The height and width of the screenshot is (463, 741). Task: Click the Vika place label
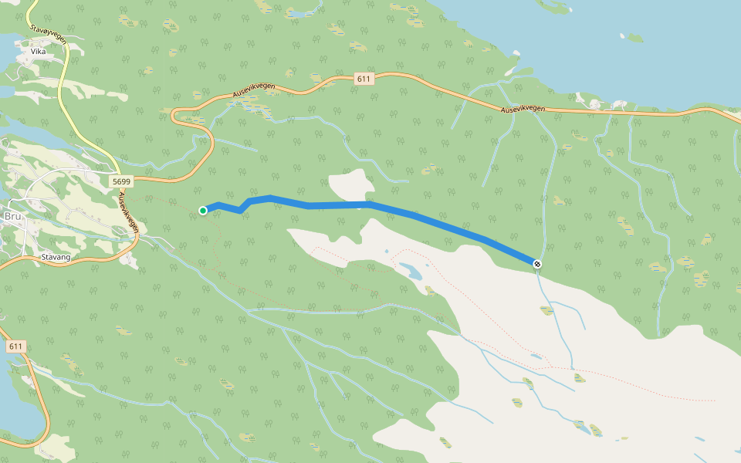click(38, 51)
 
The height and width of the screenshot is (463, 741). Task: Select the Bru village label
click(13, 217)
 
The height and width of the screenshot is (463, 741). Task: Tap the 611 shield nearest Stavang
click(15, 346)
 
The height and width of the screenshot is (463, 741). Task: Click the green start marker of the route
click(203, 210)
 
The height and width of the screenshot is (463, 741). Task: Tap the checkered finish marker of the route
click(537, 264)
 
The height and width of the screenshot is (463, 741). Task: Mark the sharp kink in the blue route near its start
click(242, 210)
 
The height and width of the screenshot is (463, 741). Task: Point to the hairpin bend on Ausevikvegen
click(175, 116)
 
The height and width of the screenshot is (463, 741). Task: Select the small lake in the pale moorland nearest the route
click(410, 272)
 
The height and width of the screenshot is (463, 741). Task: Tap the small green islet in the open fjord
click(634, 37)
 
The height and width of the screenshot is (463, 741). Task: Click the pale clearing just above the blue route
click(350, 185)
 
